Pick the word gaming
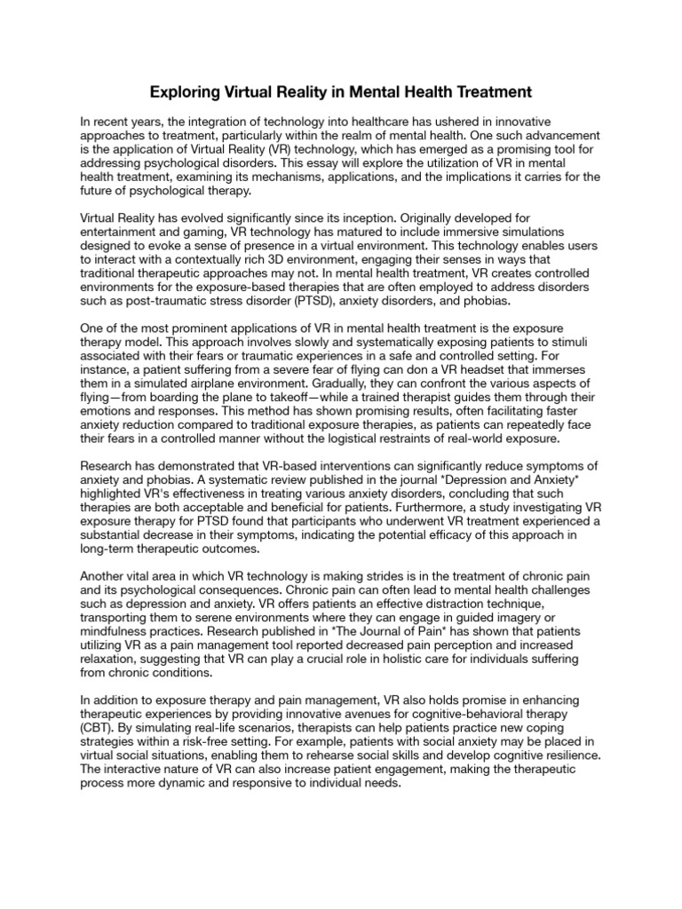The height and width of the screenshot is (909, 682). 195,231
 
